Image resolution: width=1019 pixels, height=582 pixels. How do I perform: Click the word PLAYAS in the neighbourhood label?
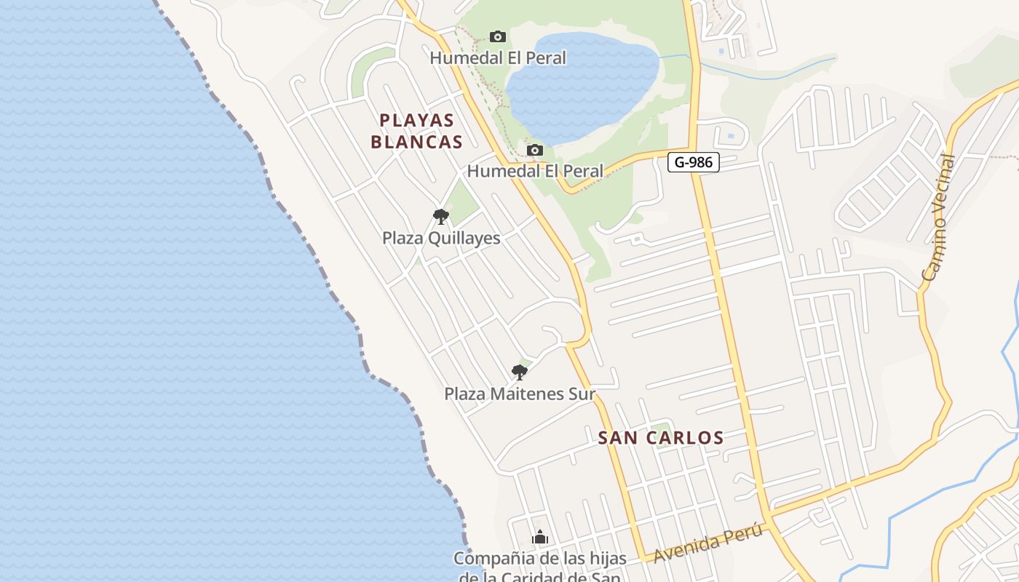[x=417, y=121]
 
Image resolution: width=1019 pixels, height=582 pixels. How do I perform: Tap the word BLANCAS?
[x=417, y=142]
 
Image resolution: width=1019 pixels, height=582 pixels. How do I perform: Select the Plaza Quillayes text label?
[x=441, y=238]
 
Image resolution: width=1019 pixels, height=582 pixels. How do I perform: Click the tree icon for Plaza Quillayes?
[x=440, y=216]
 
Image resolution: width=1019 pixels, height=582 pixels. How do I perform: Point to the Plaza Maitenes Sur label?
[x=520, y=394]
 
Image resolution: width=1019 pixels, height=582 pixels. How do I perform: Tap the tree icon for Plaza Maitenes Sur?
[x=519, y=372]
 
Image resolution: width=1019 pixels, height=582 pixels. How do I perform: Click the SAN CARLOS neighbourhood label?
[x=661, y=438]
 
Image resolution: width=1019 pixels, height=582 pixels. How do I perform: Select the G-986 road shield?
[x=693, y=162]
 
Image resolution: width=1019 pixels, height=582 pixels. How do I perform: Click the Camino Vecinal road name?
[x=938, y=218]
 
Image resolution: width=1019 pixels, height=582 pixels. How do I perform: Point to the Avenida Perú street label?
[x=708, y=543]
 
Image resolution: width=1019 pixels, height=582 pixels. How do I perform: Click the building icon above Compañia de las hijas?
[x=540, y=538]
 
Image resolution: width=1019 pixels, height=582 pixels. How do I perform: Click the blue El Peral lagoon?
[x=582, y=87]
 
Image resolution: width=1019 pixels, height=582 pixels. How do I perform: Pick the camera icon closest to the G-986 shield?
[x=535, y=151]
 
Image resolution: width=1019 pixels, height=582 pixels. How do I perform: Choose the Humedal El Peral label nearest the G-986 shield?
[x=535, y=171]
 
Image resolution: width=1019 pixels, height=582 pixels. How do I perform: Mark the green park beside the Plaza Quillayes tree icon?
[x=461, y=199]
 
